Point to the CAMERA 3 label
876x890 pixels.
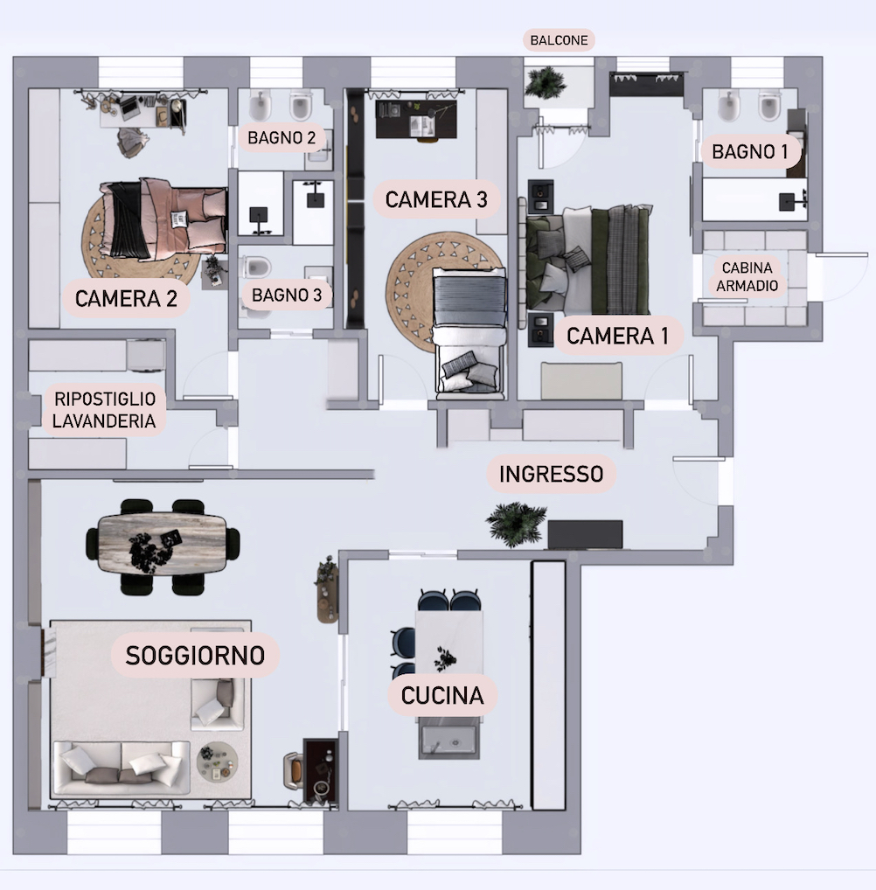point(435,199)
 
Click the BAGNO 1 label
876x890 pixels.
point(750,152)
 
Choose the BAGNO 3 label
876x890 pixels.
point(287,296)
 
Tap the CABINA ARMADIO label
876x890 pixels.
point(749,276)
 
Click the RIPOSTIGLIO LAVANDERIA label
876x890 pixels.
point(104,410)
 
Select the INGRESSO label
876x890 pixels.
point(551,474)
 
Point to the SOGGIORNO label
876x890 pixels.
point(195,655)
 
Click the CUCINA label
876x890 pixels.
point(442,696)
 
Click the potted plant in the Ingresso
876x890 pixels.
point(516,522)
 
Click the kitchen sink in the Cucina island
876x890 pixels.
point(448,739)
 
